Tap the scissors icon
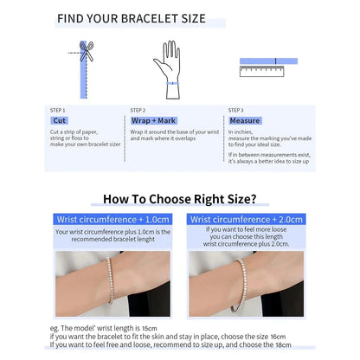tap(86, 50)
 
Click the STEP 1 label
tap(57, 110)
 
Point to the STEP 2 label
tap(138, 110)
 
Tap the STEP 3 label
tap(235, 110)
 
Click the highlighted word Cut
tap(60, 121)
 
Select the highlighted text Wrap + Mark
tap(152, 121)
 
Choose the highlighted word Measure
tap(245, 121)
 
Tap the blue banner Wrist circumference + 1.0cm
tap(112, 220)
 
